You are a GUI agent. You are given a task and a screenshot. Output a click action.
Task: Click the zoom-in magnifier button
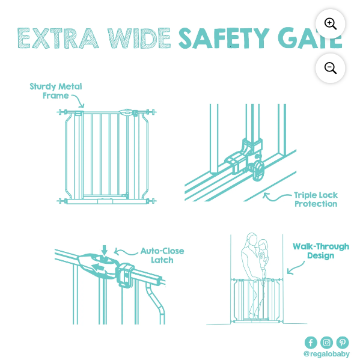click(x=330, y=23)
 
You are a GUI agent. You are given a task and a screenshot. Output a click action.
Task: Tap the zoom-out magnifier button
click(x=330, y=68)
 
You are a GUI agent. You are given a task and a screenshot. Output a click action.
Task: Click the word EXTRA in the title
click(x=58, y=38)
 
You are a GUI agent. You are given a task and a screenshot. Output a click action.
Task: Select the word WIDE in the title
click(x=139, y=38)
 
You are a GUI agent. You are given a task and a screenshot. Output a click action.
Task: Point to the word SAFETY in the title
click(x=224, y=38)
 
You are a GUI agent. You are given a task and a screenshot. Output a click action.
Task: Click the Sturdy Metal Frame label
click(x=56, y=91)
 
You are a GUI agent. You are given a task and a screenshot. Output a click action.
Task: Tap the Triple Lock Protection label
click(x=316, y=200)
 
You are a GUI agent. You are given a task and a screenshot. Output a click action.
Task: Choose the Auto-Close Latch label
click(x=162, y=255)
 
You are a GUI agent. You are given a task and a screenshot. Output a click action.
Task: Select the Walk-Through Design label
click(x=321, y=251)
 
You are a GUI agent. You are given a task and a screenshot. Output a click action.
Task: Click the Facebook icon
click(x=311, y=343)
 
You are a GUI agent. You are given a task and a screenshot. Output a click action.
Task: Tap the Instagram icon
click(x=327, y=343)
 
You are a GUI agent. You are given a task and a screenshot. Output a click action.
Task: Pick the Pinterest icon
click(x=343, y=343)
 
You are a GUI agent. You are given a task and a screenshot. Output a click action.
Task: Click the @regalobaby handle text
click(x=326, y=354)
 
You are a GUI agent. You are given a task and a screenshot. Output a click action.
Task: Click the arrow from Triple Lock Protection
click(x=275, y=198)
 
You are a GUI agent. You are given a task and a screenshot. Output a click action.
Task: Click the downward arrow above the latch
click(x=105, y=251)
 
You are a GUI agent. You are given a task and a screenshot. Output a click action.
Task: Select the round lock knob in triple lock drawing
click(x=259, y=169)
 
